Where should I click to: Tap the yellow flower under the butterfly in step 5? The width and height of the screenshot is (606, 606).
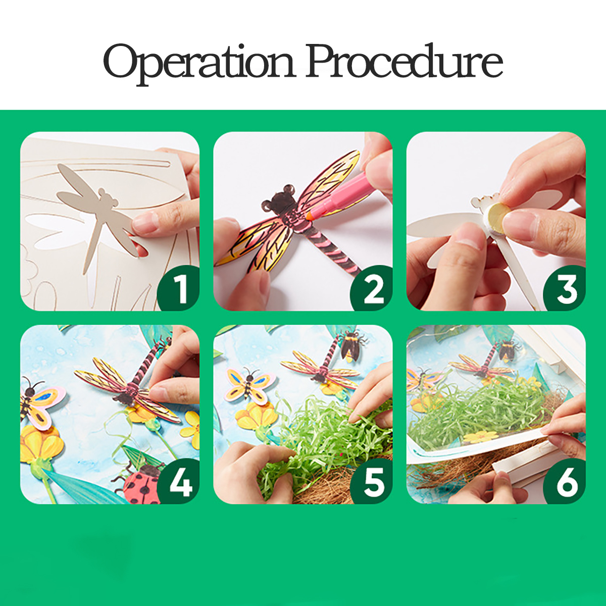257,416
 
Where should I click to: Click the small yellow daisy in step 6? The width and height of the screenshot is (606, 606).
480,437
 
